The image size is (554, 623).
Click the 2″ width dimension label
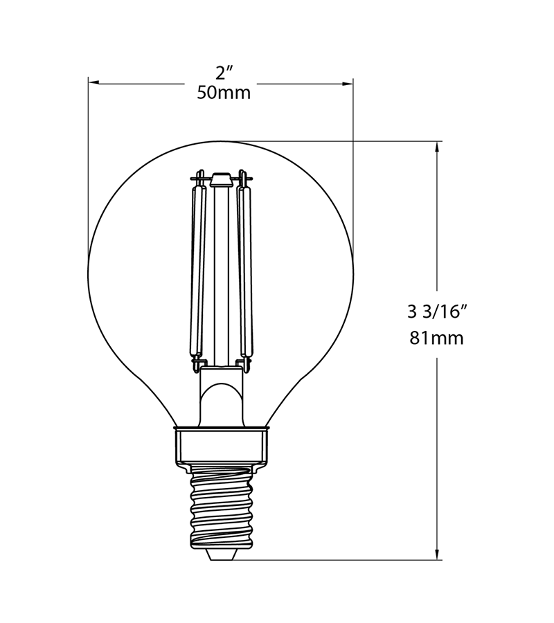(224, 73)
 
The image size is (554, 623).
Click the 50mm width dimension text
(224, 93)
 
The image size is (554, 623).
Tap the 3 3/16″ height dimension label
(436, 312)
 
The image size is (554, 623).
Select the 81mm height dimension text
(437, 338)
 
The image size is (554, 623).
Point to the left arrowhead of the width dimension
(93, 82)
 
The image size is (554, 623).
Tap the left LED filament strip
(198, 272)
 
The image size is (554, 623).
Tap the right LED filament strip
(244, 272)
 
